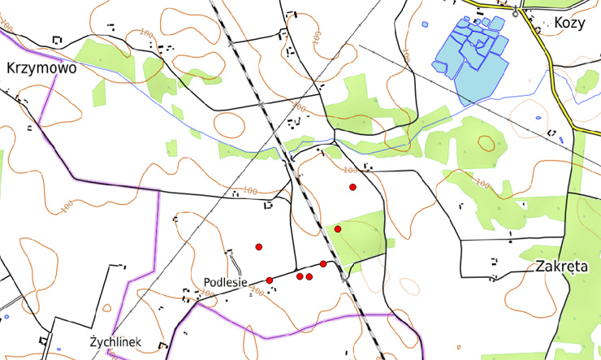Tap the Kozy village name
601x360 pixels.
tap(569, 23)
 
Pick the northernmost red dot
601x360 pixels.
tap(352, 188)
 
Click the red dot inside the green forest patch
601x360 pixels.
tap(337, 229)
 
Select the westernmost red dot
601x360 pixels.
tap(259, 246)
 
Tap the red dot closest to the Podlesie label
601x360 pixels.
tap(269, 280)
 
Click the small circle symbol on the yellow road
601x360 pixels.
tap(515, 14)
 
